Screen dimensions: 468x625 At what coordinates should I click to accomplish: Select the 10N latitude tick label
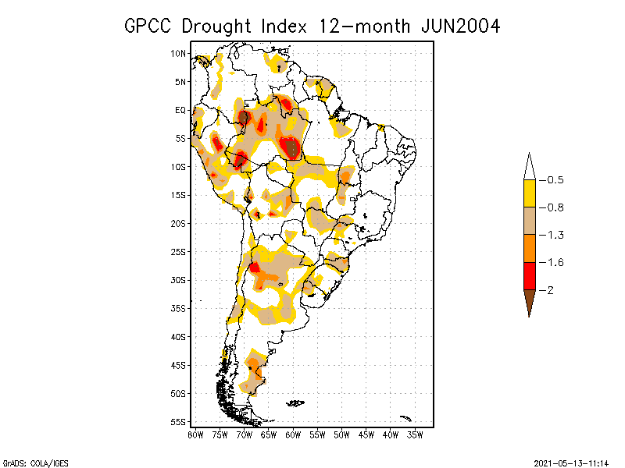click(178, 53)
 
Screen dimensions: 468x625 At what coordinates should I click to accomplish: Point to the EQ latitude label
click(180, 110)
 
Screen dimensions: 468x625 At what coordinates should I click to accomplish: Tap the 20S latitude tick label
click(178, 223)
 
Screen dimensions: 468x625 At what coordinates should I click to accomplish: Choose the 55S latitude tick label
click(178, 421)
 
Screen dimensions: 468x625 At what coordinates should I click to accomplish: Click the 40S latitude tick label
click(178, 336)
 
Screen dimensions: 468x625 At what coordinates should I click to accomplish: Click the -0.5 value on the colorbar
click(552, 180)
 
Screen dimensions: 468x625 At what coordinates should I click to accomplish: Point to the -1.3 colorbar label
click(552, 235)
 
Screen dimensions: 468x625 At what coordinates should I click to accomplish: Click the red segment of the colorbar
click(530, 276)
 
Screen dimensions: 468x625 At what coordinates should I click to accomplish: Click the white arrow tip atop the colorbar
click(530, 165)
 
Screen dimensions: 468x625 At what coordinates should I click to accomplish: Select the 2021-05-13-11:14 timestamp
click(573, 462)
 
